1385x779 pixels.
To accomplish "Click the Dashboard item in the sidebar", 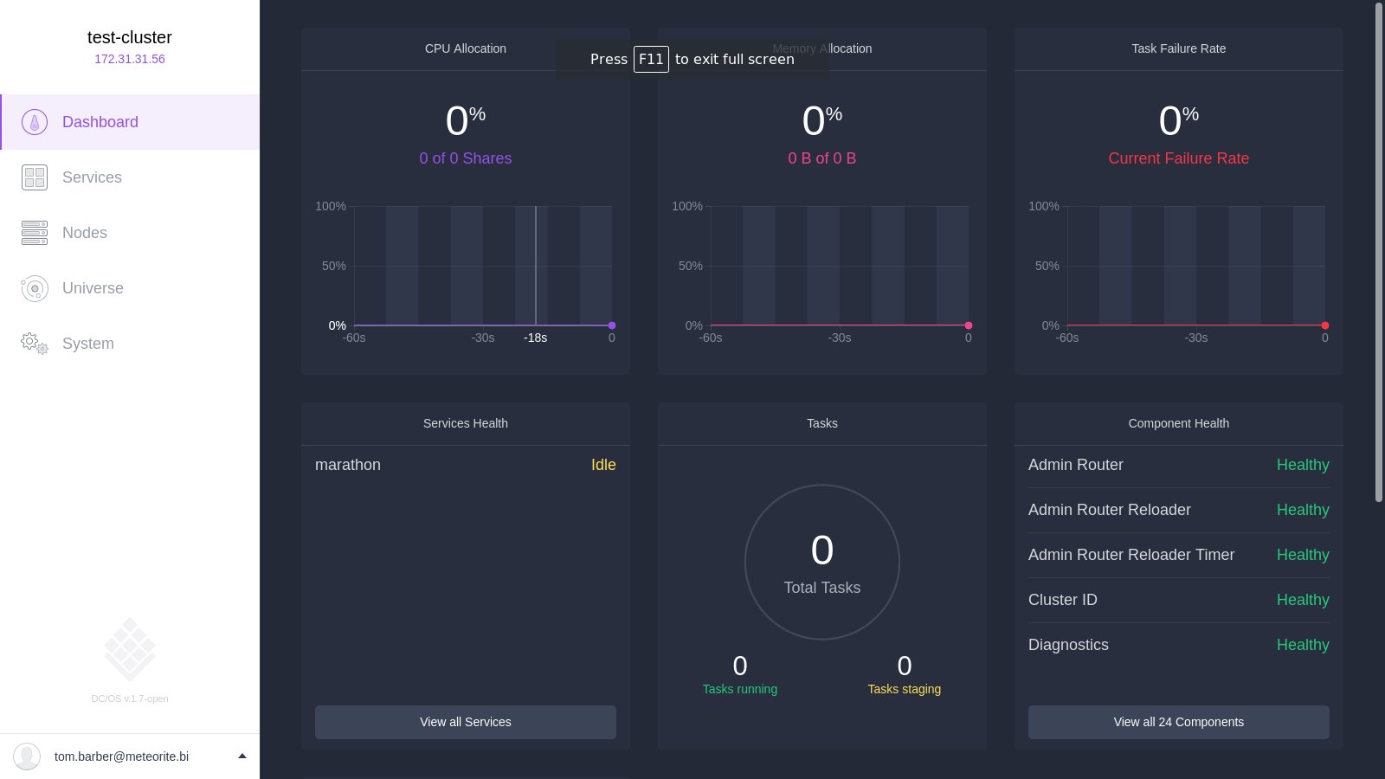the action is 130,122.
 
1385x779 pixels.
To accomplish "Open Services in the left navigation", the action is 92,177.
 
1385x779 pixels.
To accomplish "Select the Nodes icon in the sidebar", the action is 35,233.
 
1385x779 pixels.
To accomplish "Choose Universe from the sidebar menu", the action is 93,288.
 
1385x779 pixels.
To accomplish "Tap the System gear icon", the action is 35,343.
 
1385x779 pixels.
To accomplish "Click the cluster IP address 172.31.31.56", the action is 130,60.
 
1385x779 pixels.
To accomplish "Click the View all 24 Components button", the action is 1178,722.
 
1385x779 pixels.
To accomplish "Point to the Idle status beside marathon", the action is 603,465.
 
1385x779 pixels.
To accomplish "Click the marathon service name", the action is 348,465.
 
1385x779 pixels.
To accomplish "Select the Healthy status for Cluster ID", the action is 1303,600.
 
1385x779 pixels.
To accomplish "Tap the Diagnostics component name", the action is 1068,645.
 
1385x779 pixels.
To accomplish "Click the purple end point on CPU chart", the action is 611,325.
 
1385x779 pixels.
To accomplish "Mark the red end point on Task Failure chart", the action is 1325,325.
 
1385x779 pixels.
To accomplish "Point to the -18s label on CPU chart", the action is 536,338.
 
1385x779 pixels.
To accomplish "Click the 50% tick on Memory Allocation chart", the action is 690,266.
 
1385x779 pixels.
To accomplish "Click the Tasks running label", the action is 740,689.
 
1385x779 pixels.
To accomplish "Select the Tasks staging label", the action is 904,689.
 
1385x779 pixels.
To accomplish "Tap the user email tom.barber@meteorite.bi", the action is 121,756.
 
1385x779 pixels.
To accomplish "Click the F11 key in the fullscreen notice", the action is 651,60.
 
